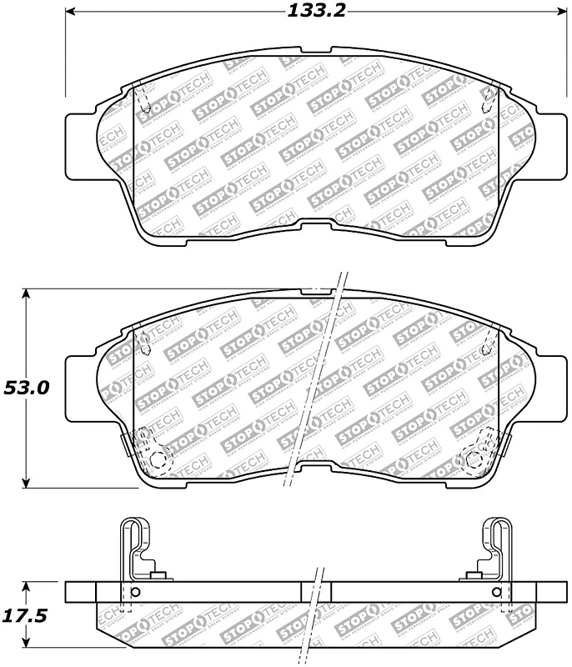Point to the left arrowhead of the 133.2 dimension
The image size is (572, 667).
click(x=70, y=13)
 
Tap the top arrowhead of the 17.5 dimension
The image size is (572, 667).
click(x=28, y=586)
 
